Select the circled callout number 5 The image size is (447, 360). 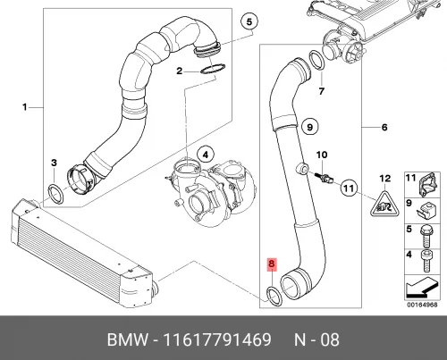click(x=249, y=21)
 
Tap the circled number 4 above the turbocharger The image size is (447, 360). click(x=205, y=153)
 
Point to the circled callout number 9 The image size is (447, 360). click(x=309, y=126)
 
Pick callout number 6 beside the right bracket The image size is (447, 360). click(x=384, y=128)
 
